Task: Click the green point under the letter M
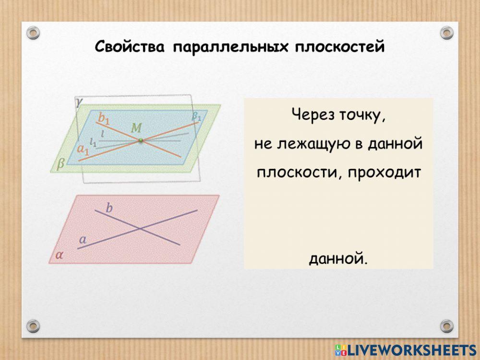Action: [141, 140]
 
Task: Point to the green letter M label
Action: [136, 128]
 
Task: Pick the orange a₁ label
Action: [83, 150]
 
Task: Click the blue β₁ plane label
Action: [197, 116]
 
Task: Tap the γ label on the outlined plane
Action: [78, 101]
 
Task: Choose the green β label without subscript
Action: [60, 165]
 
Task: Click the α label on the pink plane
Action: [59, 255]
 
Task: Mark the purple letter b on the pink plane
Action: [109, 208]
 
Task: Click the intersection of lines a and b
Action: [140, 228]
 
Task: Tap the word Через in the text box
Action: [311, 115]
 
